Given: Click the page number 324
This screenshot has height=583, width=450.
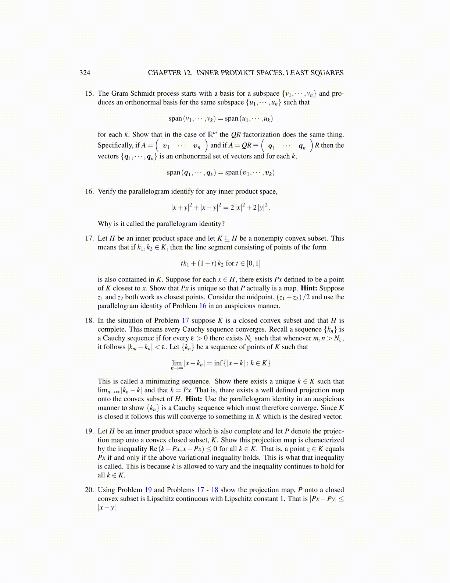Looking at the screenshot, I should [x=85, y=73].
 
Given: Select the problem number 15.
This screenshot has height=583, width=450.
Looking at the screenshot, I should [x=89, y=93].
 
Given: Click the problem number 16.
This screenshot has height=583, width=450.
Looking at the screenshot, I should [x=89, y=191].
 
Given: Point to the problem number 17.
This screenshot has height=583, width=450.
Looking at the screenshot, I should [x=89, y=238].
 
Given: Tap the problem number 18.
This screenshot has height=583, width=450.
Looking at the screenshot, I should [x=89, y=321].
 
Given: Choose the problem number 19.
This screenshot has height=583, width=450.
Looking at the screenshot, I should [x=89, y=431].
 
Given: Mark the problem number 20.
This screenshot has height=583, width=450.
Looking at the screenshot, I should [x=89, y=490].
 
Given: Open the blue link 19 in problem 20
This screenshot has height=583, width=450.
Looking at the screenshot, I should [x=148, y=490].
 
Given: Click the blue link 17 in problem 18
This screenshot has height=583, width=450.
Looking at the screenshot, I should [x=185, y=321].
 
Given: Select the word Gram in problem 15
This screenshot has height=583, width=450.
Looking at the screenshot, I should [x=119, y=93].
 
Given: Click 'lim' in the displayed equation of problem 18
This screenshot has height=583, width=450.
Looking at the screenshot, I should [x=177, y=363].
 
